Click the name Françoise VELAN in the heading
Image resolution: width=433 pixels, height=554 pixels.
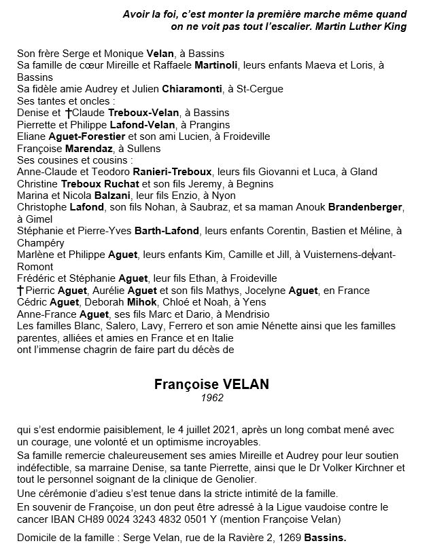(211, 384)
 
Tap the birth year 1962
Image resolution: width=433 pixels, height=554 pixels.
(211, 398)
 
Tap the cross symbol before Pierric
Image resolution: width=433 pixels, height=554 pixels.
(20, 291)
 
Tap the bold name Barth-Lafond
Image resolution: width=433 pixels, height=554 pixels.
(167, 231)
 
